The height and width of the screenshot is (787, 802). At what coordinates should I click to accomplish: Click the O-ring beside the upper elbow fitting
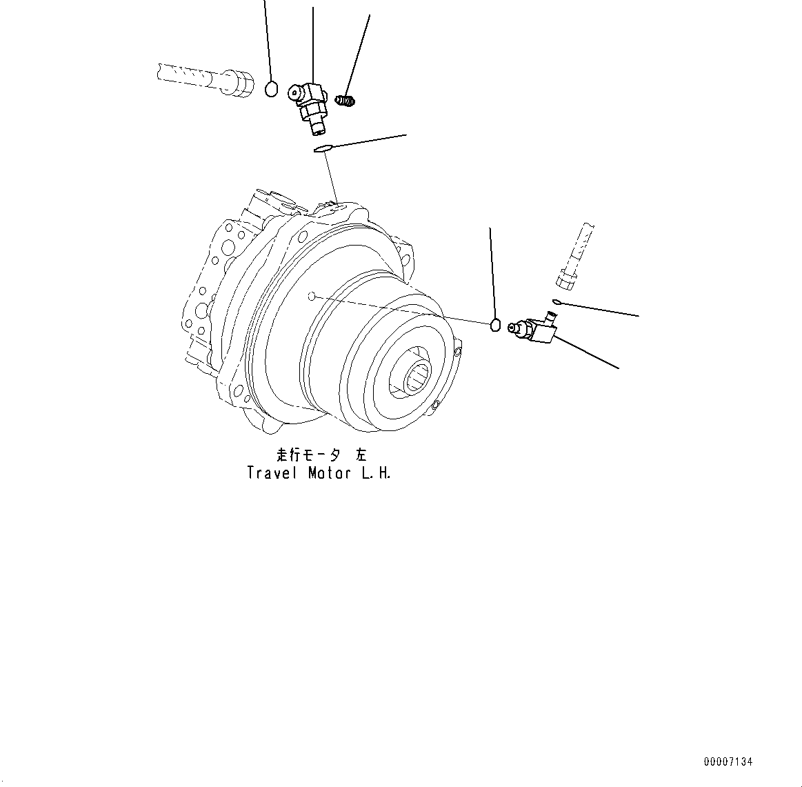click(x=272, y=88)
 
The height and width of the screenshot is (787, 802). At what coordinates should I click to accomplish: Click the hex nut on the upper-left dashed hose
click(x=237, y=80)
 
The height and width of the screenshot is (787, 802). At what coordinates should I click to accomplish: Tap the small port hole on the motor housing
click(x=312, y=297)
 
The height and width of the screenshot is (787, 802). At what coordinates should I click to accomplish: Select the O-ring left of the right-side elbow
click(x=494, y=324)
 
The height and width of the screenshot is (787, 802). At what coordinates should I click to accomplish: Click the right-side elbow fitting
click(x=537, y=329)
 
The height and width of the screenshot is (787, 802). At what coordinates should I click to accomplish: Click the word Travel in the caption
click(x=272, y=474)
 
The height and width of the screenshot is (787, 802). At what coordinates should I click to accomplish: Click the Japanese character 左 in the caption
click(x=361, y=455)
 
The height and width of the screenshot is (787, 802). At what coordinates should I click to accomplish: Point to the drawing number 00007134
click(x=728, y=762)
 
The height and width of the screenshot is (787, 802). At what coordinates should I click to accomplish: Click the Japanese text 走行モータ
click(x=308, y=455)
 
